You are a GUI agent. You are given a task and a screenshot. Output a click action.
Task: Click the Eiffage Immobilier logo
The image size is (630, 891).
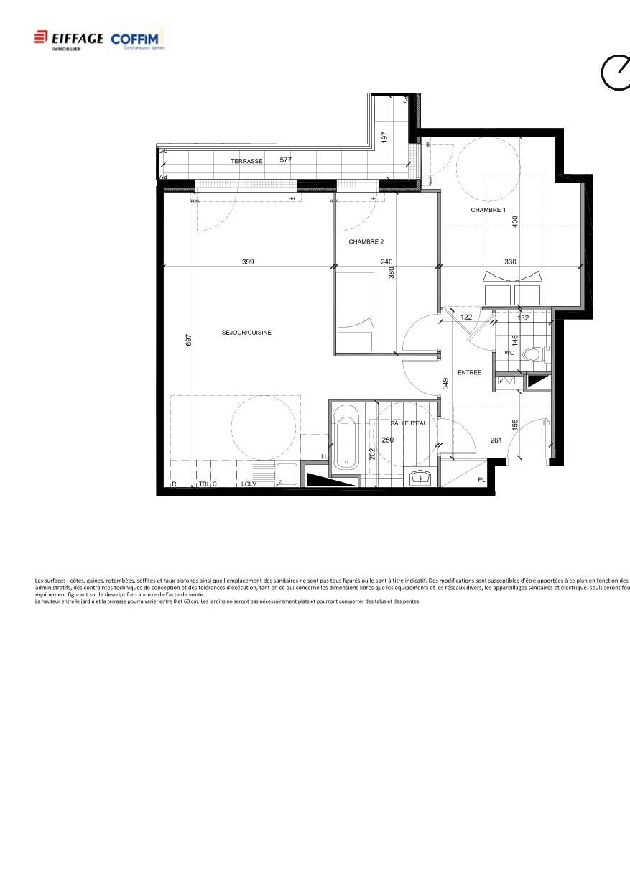point(68,39)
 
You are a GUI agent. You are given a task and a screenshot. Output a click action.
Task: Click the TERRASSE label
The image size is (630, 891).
point(246,162)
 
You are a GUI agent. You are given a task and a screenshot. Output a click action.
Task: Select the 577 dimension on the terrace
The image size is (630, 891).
point(286,160)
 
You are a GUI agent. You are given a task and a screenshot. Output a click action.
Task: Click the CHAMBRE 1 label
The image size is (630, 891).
point(488,210)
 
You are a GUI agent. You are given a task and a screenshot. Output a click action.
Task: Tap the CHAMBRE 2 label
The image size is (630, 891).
point(366,242)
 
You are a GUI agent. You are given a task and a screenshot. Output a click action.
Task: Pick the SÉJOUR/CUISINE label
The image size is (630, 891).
point(246,333)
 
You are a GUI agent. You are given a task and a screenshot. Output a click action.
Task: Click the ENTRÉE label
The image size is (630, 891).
point(470,372)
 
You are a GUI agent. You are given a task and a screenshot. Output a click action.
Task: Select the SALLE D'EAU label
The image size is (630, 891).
point(409,423)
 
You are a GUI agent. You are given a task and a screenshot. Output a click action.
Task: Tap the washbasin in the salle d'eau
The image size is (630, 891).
point(420,478)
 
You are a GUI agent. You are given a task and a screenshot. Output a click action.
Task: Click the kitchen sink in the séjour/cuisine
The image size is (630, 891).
point(287,474)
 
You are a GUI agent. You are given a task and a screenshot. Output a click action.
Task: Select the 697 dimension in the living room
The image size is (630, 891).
point(188,339)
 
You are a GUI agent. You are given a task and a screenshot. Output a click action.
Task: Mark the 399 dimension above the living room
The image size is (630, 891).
point(248,262)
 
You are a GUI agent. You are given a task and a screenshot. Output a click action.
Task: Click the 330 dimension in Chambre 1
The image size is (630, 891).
point(510,262)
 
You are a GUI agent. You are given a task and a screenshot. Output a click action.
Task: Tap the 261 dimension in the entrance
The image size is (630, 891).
point(496,440)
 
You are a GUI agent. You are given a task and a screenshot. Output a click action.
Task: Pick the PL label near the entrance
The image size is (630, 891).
point(481,480)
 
